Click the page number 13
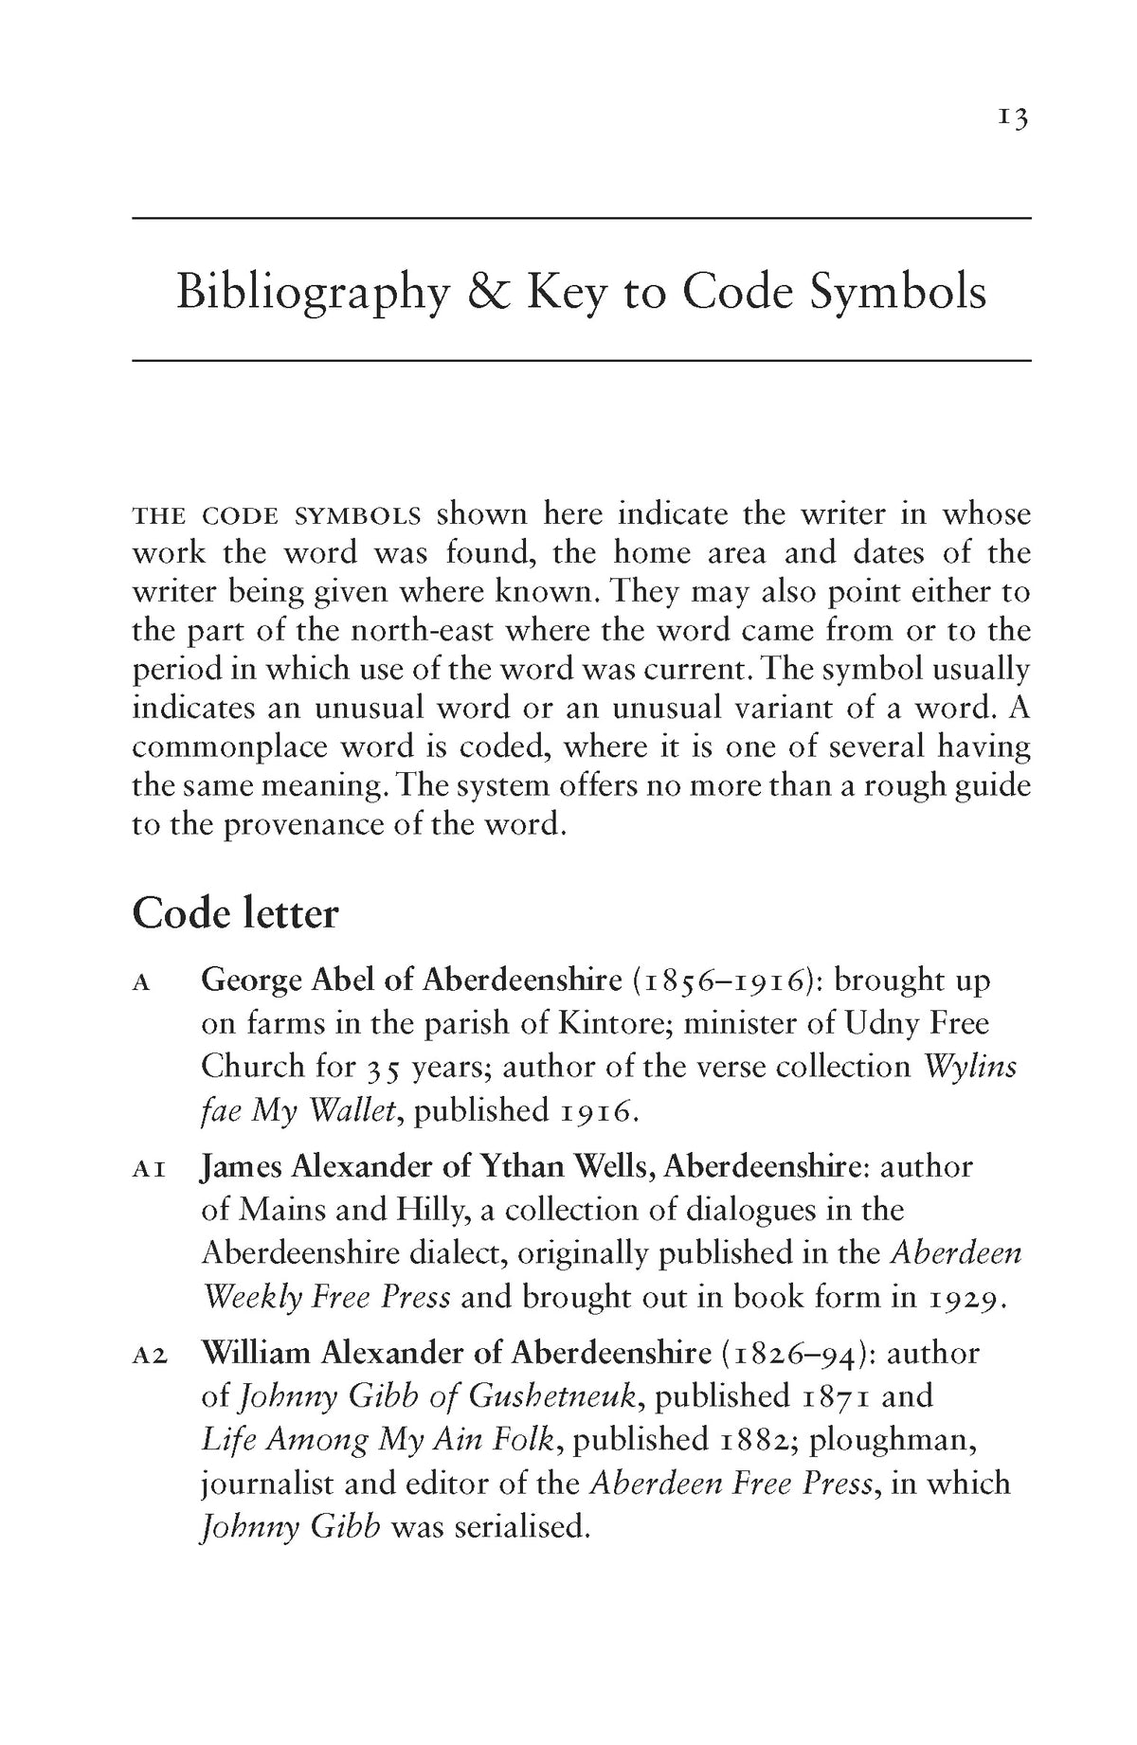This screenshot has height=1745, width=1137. [1012, 118]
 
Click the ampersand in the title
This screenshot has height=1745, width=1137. [485, 292]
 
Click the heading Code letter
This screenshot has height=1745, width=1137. [235, 914]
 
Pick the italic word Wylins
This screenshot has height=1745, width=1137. [970, 1067]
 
